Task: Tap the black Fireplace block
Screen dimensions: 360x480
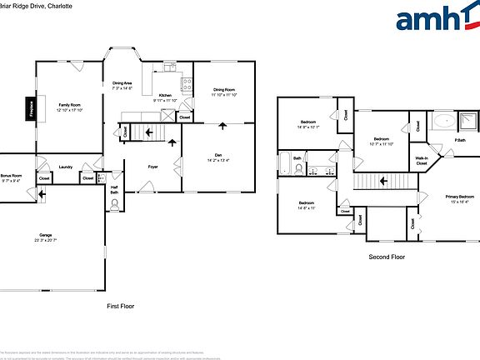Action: point(29,110)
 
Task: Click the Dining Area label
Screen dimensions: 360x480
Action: point(122,83)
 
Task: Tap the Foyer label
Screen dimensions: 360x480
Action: point(153,167)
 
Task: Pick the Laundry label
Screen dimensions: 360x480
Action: point(66,167)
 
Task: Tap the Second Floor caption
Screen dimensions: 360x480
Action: point(387,257)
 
